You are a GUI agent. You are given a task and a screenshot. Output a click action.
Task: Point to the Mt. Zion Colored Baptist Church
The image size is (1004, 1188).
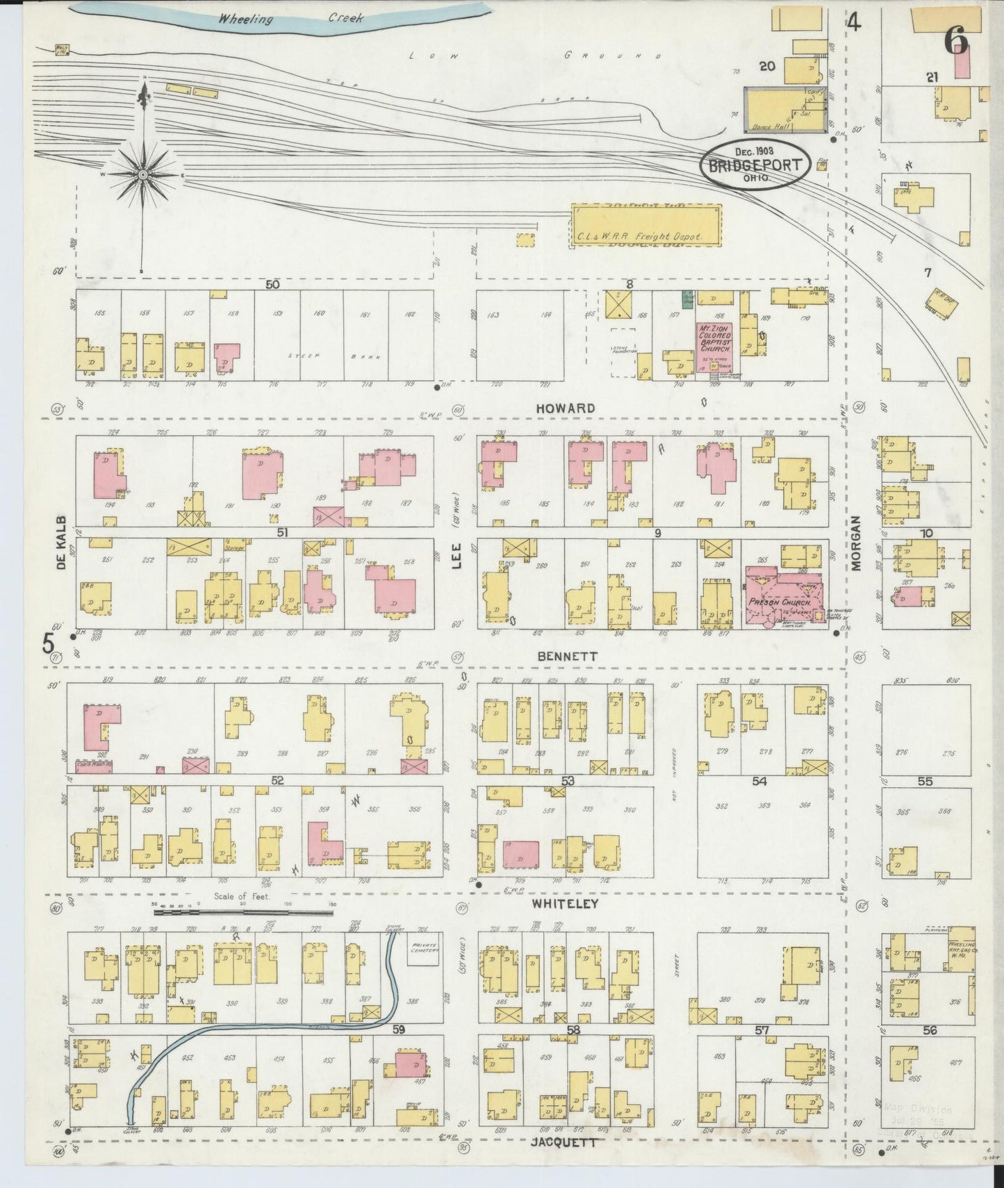[x=717, y=338]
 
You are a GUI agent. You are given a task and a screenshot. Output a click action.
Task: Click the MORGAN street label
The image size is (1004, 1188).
[x=855, y=543]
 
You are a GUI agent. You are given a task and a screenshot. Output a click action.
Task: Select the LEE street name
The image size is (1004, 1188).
[x=456, y=556]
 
